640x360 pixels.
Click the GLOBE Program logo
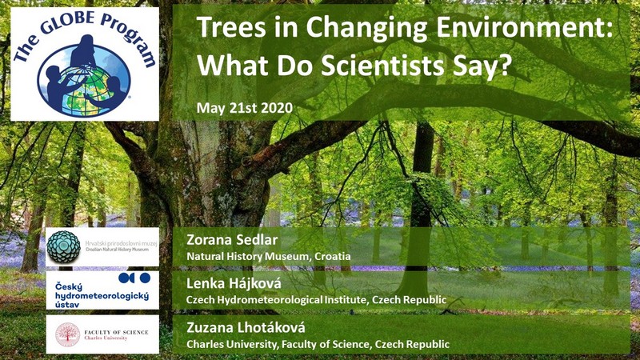(85, 64)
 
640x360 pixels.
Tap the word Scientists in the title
(382, 65)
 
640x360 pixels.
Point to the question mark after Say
(505, 65)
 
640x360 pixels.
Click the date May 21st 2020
(245, 108)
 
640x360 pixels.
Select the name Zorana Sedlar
(232, 239)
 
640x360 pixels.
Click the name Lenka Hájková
(234, 283)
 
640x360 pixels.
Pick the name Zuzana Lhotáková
(246, 327)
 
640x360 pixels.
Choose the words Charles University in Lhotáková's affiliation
(231, 345)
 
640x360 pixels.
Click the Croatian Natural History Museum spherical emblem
(63, 246)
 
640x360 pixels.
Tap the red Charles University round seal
(68, 334)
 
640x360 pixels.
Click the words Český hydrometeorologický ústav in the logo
(102, 295)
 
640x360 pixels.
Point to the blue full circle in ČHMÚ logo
(145, 278)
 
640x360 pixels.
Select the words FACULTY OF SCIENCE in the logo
(116, 332)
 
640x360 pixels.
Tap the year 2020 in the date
(277, 108)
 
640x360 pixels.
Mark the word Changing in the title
(367, 29)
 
